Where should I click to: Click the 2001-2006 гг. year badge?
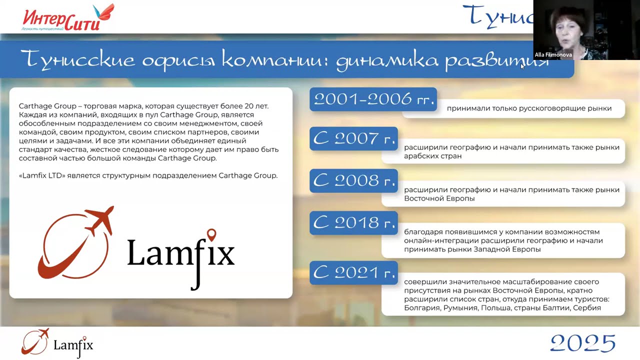[x=373, y=99]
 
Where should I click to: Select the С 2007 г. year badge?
[x=353, y=138]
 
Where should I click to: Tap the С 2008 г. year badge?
[x=353, y=180]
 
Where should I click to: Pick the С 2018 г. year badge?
[x=353, y=222]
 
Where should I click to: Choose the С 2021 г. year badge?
[x=353, y=272]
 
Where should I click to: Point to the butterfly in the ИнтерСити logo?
[x=106, y=12]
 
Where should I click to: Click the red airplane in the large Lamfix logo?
[x=100, y=220]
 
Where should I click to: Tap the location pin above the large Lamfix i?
[x=211, y=234]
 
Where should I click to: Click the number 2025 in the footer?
[x=582, y=343]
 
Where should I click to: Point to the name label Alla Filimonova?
[x=553, y=55]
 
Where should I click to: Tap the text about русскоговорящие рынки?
[x=529, y=108]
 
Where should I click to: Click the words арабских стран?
[x=432, y=156]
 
